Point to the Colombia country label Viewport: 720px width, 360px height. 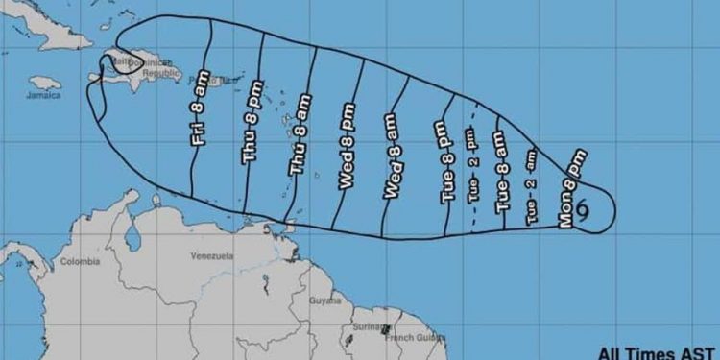[80, 260]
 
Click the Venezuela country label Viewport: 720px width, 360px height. [212, 255]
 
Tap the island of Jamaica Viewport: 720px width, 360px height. [45, 83]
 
